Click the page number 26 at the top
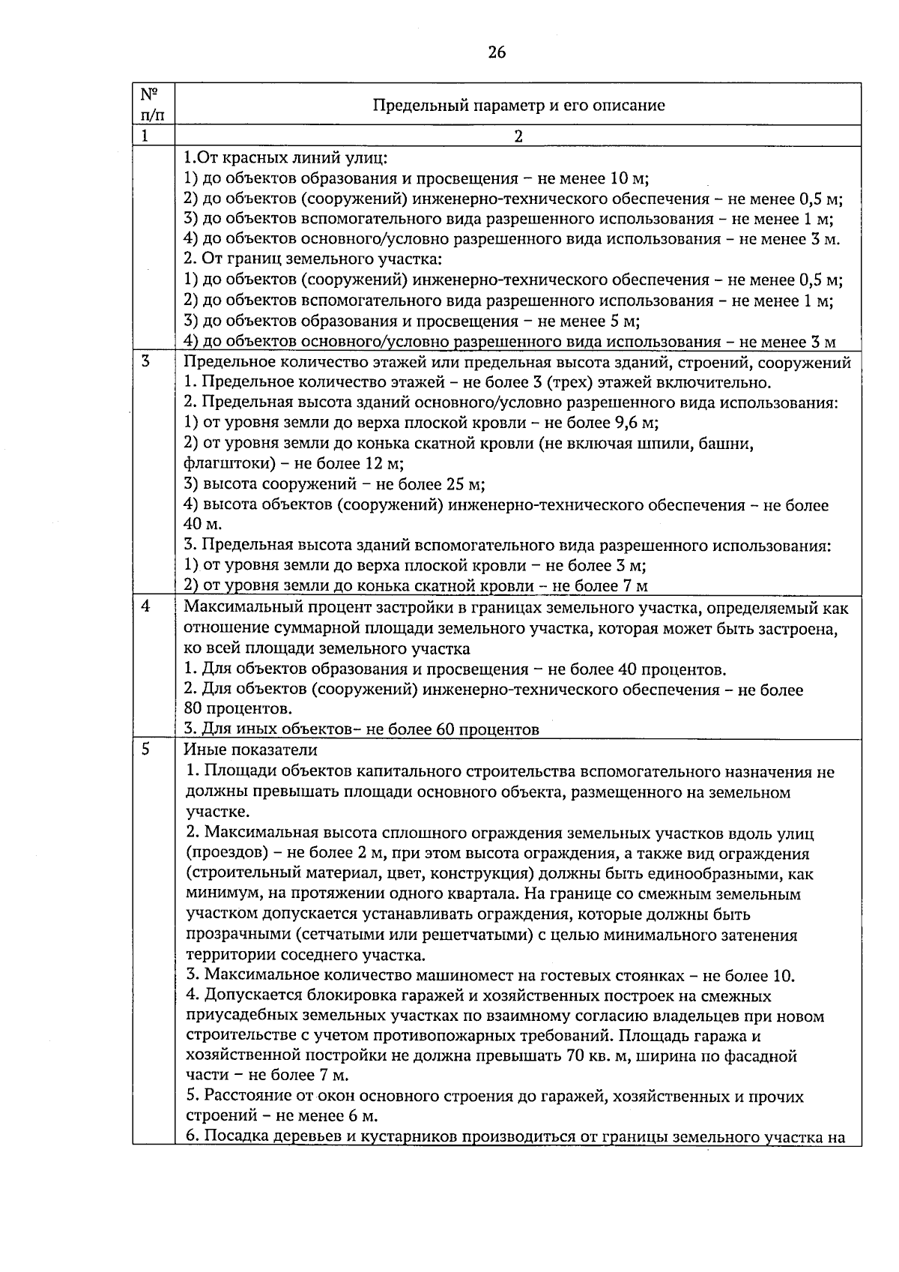[x=497, y=52]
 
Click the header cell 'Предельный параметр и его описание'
[x=518, y=105]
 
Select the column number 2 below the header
[x=518, y=136]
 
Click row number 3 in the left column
[x=145, y=361]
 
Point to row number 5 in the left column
[x=145, y=749]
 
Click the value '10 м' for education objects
[x=629, y=178]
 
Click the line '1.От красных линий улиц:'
[x=285, y=158]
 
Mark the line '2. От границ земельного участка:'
[x=313, y=259]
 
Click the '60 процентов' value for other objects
[x=487, y=729]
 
